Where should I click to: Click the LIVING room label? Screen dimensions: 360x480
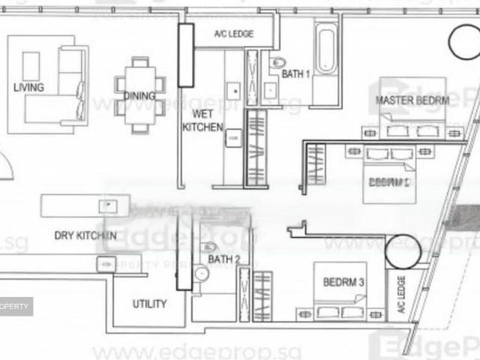pyautogui.click(x=28, y=88)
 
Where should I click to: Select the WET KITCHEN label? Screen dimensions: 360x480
pyautogui.click(x=202, y=120)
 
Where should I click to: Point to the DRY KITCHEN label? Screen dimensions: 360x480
pyautogui.click(x=85, y=236)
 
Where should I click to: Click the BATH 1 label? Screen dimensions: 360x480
pyautogui.click(x=296, y=74)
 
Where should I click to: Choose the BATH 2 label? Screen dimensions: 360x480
pyautogui.click(x=224, y=259)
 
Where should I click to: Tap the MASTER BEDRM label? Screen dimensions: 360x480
pyautogui.click(x=412, y=100)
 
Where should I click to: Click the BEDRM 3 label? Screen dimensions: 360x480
pyautogui.click(x=343, y=283)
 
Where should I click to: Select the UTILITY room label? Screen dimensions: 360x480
pyautogui.click(x=149, y=304)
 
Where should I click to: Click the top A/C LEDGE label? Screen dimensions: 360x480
pyautogui.click(x=233, y=34)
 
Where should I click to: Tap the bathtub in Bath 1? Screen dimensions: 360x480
pyautogui.click(x=326, y=49)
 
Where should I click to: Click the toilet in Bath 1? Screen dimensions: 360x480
pyautogui.click(x=277, y=62)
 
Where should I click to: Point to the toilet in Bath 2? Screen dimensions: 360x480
pyautogui.click(x=209, y=247)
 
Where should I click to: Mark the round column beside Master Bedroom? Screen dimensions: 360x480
pyautogui.click(x=463, y=41)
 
